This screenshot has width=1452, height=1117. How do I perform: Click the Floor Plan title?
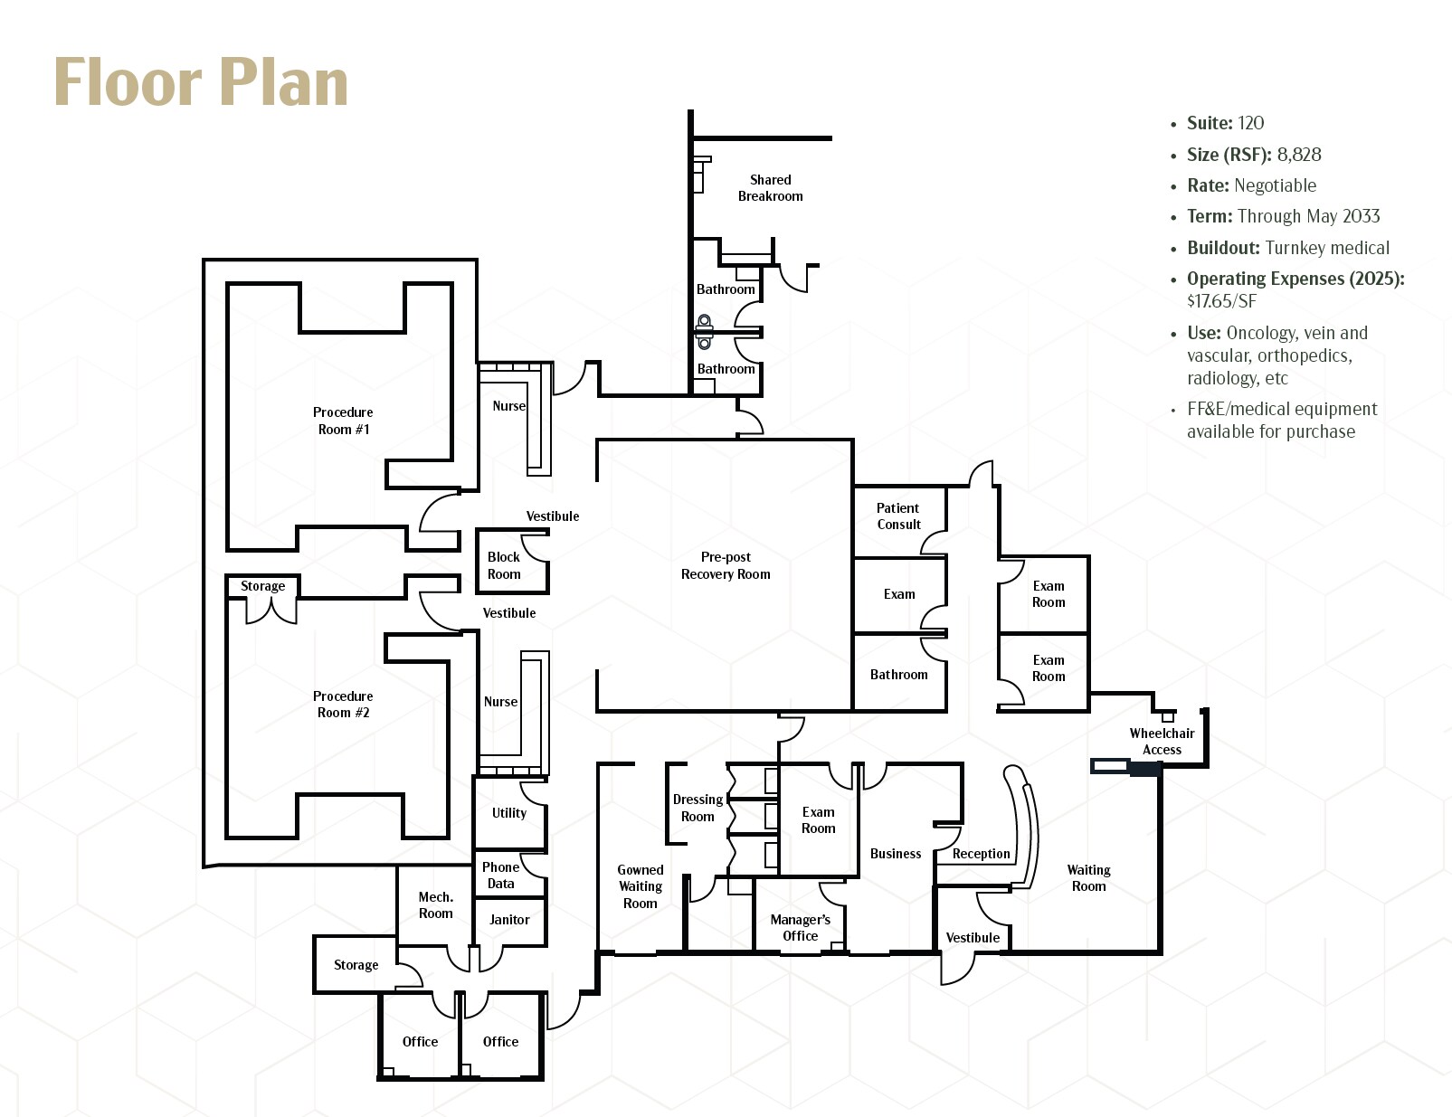click(201, 82)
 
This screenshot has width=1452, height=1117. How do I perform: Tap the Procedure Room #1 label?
click(343, 421)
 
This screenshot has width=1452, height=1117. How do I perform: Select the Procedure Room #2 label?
click(343, 705)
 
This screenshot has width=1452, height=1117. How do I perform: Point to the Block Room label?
click(504, 565)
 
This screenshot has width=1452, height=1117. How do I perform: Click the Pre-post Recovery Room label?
click(726, 565)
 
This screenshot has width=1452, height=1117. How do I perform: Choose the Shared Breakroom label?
click(770, 188)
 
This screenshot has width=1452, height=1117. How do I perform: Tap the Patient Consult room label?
click(898, 516)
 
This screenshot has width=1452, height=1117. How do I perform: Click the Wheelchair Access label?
click(1162, 742)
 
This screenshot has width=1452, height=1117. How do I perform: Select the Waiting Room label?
click(1088, 878)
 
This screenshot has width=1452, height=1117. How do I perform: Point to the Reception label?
click(981, 854)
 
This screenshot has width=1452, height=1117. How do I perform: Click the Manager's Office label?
click(800, 928)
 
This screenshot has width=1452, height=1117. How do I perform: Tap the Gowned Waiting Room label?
click(640, 886)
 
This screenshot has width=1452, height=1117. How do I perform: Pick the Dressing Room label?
click(698, 808)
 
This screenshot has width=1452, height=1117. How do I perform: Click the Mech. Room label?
click(435, 905)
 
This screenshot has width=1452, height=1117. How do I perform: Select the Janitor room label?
click(509, 920)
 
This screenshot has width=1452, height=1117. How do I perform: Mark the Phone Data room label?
click(500, 876)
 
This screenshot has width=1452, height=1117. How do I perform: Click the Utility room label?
click(509, 813)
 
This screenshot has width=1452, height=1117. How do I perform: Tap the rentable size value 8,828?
click(1299, 155)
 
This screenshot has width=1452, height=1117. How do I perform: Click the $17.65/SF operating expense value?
click(1221, 301)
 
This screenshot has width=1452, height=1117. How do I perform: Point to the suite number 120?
click(1251, 123)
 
